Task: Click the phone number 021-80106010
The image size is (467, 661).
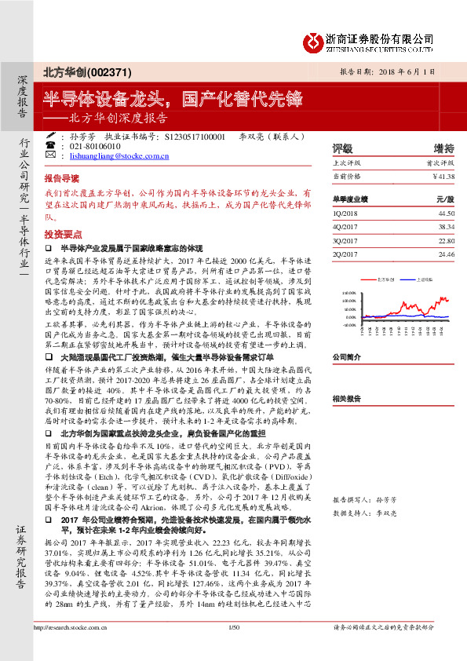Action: point(95,147)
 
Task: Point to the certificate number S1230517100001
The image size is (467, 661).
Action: point(195,136)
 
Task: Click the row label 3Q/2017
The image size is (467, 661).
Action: point(345,240)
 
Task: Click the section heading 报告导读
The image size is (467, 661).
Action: point(61,178)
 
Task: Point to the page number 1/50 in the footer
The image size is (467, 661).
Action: point(232,648)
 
